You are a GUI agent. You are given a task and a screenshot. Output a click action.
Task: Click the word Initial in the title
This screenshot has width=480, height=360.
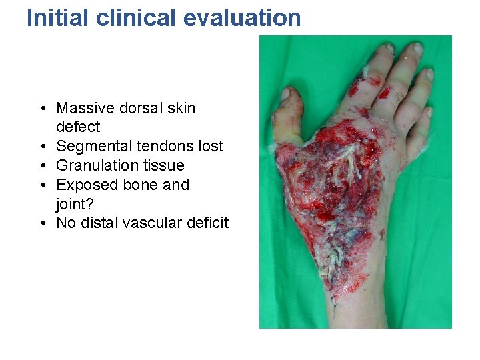(58, 17)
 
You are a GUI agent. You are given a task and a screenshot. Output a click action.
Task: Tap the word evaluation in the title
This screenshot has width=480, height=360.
(243, 17)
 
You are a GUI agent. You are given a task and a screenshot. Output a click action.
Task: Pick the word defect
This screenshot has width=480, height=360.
(78, 127)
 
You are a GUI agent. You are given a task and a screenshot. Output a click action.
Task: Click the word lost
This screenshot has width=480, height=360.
(211, 146)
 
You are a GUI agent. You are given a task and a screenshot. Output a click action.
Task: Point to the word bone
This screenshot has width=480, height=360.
(141, 185)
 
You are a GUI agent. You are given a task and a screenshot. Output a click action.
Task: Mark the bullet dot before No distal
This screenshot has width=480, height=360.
(42, 223)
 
